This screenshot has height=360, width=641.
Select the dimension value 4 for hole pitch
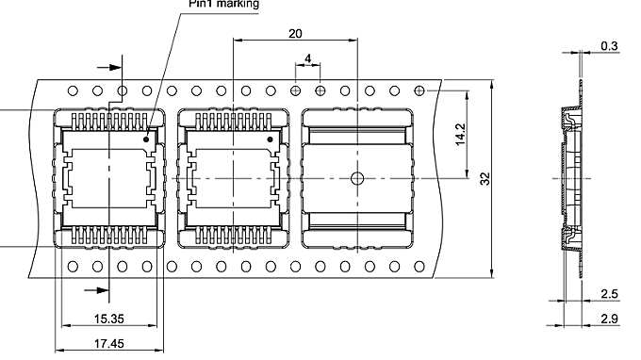pos(308,59)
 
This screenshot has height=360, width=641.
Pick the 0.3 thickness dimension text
pos(609,46)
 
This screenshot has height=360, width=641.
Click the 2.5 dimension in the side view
pos(609,294)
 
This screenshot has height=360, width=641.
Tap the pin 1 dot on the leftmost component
pos(147,139)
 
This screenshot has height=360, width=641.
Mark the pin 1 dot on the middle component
pos(272,139)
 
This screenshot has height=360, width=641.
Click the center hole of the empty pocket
pos(357,178)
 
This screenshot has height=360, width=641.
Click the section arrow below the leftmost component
pos(95,289)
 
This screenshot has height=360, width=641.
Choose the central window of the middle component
pos(231,178)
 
